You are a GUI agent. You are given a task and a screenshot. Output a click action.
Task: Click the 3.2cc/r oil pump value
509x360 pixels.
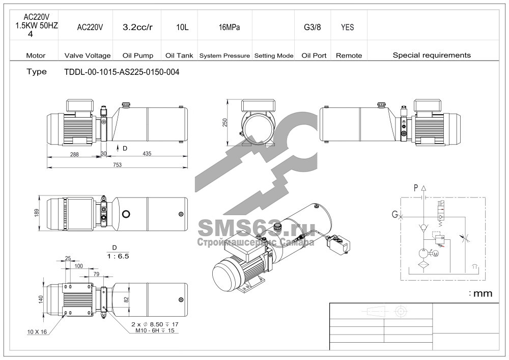(x=137, y=27)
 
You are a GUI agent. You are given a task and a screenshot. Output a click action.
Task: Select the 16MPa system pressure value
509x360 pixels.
(x=229, y=27)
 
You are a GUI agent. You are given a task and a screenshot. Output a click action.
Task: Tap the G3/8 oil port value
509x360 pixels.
(x=313, y=27)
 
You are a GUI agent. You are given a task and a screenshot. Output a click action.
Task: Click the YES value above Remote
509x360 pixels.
(x=347, y=27)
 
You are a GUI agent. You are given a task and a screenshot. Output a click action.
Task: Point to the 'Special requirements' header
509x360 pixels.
(x=432, y=55)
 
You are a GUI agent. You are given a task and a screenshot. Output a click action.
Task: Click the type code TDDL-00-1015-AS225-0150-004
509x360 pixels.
(x=122, y=72)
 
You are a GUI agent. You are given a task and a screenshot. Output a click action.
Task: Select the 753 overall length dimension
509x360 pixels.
(x=117, y=164)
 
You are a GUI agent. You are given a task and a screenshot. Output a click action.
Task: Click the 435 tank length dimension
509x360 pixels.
(x=147, y=154)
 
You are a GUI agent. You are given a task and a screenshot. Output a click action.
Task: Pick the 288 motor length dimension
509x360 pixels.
(x=74, y=154)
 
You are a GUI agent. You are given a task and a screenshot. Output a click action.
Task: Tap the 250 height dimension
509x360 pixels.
(x=225, y=123)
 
